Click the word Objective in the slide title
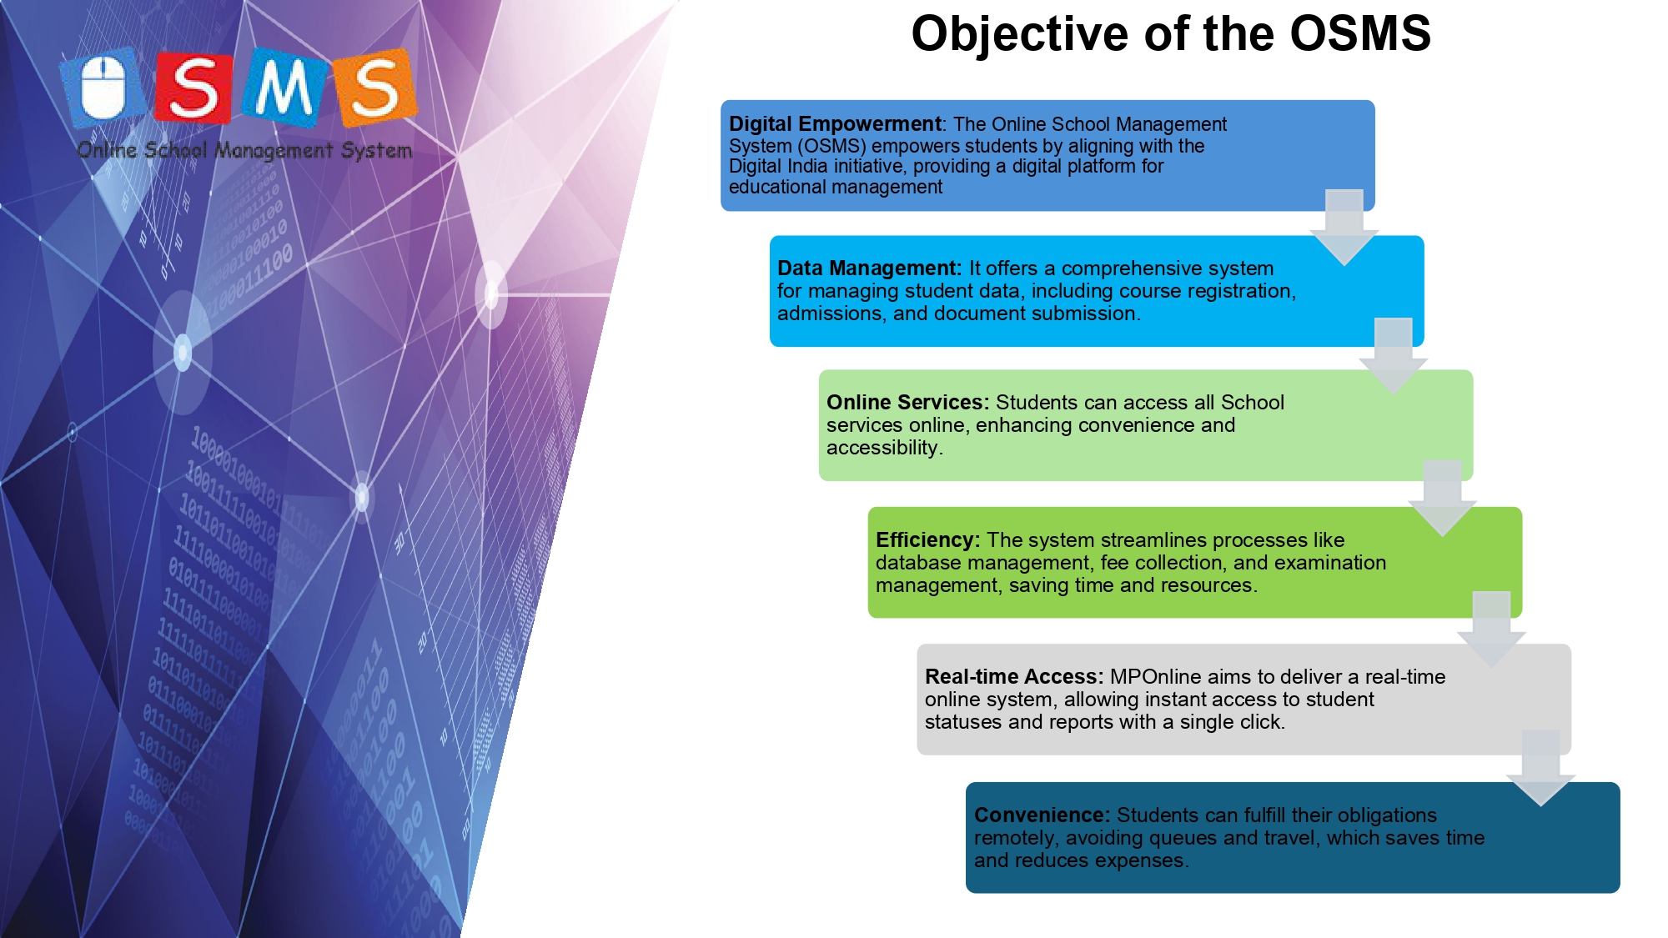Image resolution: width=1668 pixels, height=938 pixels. point(1020,34)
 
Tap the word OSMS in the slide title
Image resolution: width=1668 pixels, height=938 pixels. point(1360,33)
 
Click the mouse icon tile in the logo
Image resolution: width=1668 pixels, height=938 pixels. point(103,88)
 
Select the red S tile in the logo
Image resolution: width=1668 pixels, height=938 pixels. point(193,88)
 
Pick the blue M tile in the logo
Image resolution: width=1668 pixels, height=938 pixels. point(284,88)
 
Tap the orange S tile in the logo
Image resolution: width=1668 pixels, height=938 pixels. point(374,88)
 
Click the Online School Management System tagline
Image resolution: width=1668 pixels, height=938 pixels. point(244,151)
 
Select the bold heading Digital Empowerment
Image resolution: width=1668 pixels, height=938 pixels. point(835,124)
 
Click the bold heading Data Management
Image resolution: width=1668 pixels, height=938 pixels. point(869,268)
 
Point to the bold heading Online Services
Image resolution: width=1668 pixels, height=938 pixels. point(907,402)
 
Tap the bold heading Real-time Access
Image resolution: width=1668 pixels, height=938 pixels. point(1014,676)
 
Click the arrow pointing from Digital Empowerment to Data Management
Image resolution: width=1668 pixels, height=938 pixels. point(1344,228)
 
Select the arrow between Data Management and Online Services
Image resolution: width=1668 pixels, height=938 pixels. point(1394,356)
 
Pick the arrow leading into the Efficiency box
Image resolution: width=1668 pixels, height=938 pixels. point(1443,499)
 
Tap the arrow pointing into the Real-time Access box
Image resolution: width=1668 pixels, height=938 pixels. point(1492,630)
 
